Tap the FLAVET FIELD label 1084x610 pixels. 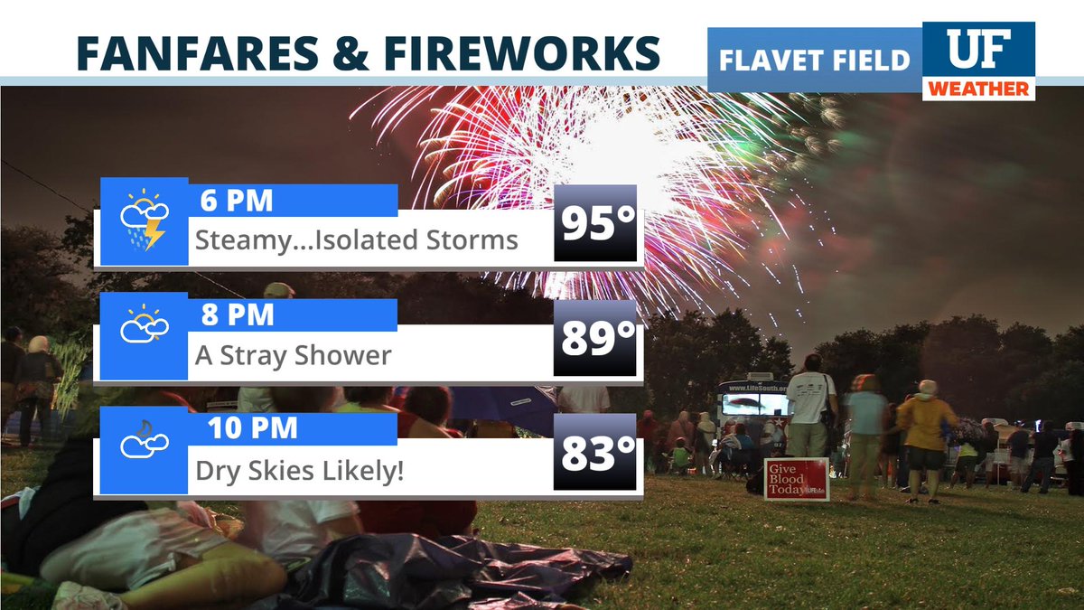814,61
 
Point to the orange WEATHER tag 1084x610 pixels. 978,89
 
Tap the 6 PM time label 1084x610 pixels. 238,200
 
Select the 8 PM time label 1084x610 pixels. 238,314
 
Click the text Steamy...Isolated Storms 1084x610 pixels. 357,239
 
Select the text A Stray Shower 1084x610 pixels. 294,354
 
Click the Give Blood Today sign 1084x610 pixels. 796,478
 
